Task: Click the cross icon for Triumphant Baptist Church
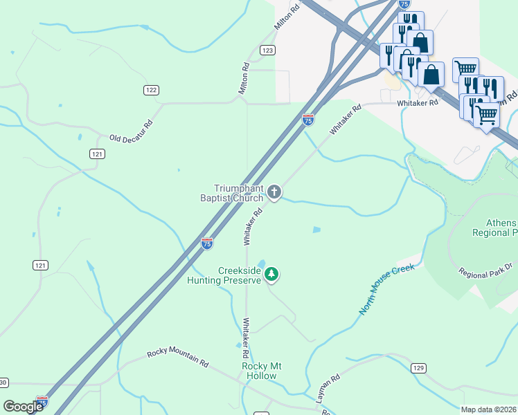click(x=274, y=192)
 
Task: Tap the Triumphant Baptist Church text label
click(x=238, y=193)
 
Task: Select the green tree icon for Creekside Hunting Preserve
click(x=273, y=275)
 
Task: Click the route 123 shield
click(x=268, y=50)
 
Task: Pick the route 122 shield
click(x=152, y=90)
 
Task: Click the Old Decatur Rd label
click(x=131, y=131)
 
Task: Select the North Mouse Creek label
click(x=386, y=290)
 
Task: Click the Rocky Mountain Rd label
click(x=177, y=358)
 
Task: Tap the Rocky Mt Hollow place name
click(x=259, y=371)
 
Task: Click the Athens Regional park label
click(x=495, y=228)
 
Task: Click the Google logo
click(x=24, y=407)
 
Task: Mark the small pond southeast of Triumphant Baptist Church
click(x=316, y=230)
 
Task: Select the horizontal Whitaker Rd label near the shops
click(x=418, y=103)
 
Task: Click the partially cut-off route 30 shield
click(x=3, y=382)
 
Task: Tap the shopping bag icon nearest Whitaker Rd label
click(x=431, y=74)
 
